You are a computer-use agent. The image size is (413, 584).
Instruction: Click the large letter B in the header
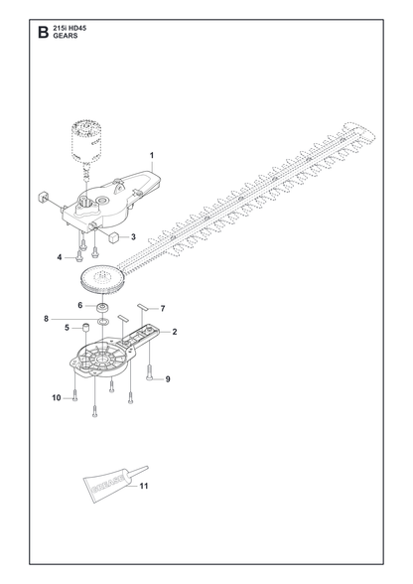click(x=44, y=32)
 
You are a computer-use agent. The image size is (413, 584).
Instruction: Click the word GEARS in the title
click(x=66, y=36)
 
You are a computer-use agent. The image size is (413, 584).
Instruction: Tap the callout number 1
click(x=152, y=155)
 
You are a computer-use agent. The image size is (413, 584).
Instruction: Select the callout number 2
click(x=175, y=332)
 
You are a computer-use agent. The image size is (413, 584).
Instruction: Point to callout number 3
click(x=133, y=236)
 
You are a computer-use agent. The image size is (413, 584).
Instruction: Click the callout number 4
click(x=60, y=257)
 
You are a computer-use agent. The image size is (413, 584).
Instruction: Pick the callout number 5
click(x=68, y=328)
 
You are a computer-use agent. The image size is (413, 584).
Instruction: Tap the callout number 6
click(x=80, y=305)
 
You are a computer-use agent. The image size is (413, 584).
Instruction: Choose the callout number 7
click(x=163, y=308)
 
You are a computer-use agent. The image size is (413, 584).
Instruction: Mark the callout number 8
click(x=47, y=319)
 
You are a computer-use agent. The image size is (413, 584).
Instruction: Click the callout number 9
click(x=168, y=379)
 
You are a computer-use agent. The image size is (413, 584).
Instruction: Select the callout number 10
click(x=57, y=397)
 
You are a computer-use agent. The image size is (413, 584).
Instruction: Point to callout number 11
click(x=144, y=486)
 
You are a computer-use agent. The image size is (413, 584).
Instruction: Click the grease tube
click(x=112, y=483)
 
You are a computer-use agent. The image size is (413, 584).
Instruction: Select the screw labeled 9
click(x=149, y=371)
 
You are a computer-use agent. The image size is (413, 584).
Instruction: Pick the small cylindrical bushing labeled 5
click(x=86, y=328)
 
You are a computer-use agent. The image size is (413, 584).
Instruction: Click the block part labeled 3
click(x=113, y=236)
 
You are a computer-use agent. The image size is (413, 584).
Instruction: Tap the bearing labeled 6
click(x=101, y=308)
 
